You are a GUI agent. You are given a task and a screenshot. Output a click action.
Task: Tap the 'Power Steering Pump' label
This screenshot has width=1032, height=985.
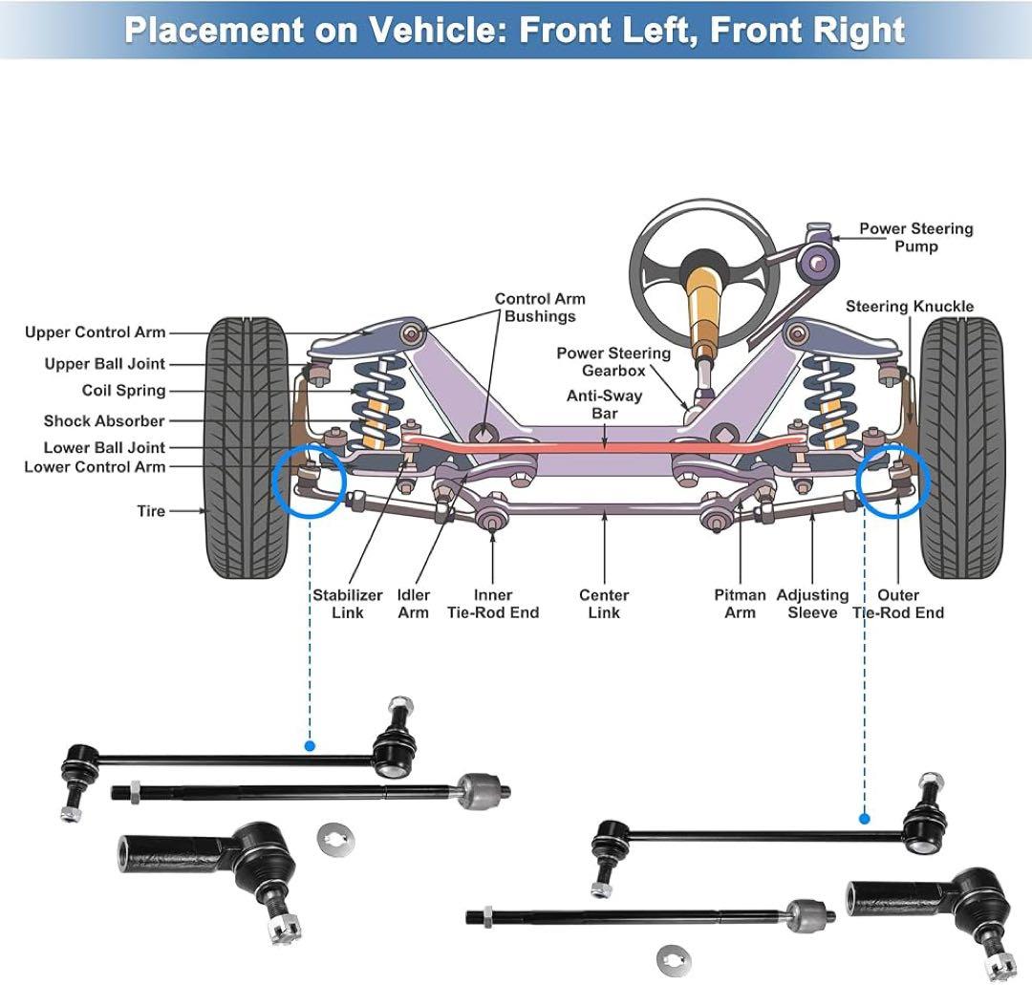pyautogui.click(x=915, y=238)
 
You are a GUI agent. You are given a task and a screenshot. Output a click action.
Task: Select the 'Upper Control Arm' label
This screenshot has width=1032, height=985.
pyautogui.click(x=95, y=332)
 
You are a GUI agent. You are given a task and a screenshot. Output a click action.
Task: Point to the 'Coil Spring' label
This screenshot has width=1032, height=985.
pyautogui.click(x=123, y=391)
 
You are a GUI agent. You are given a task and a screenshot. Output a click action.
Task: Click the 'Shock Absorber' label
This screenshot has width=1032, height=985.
pyautogui.click(x=103, y=421)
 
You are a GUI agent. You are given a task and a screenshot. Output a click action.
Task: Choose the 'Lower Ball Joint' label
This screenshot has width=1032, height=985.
pyautogui.click(x=103, y=448)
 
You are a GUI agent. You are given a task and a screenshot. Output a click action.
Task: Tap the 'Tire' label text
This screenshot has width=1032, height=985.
pyautogui.click(x=151, y=512)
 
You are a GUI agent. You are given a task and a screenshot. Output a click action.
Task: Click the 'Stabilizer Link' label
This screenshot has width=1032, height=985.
pyautogui.click(x=348, y=604)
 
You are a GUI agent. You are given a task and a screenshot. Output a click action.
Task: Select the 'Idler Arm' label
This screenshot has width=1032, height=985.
pyautogui.click(x=414, y=604)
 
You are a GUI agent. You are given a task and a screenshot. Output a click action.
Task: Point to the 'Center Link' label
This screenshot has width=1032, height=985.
pyautogui.click(x=604, y=604)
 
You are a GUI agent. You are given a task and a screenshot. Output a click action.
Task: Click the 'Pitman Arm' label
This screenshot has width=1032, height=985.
pyautogui.click(x=740, y=604)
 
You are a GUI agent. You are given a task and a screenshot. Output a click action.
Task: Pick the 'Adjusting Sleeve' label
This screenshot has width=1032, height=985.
pyautogui.click(x=812, y=604)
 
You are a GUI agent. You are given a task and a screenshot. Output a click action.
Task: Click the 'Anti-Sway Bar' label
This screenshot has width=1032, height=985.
pyautogui.click(x=604, y=405)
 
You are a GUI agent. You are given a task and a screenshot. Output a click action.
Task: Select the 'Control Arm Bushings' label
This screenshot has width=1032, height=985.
pyautogui.click(x=540, y=308)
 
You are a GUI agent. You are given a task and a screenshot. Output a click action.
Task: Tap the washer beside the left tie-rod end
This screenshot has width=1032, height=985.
pyautogui.click(x=333, y=838)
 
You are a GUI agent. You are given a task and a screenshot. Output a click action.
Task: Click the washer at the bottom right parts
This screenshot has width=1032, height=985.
pyautogui.click(x=674, y=958)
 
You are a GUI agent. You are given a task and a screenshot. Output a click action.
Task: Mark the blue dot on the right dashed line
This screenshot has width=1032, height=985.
pyautogui.click(x=865, y=818)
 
